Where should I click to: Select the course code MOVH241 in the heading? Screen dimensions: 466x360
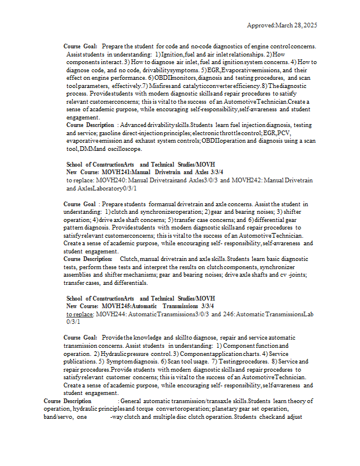[110, 172]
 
